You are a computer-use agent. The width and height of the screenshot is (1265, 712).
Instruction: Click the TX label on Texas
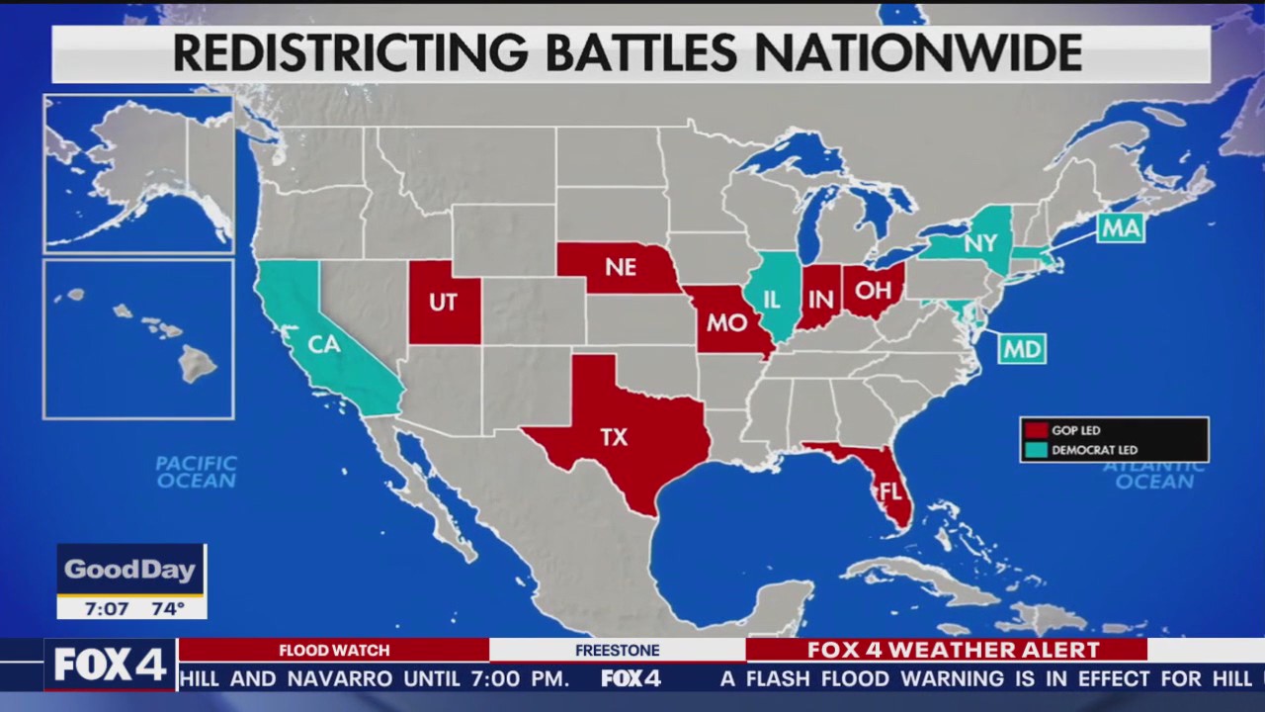coord(614,437)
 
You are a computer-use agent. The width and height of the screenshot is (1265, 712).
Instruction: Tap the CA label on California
coord(324,344)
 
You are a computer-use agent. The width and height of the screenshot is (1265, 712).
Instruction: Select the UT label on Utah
coord(443,303)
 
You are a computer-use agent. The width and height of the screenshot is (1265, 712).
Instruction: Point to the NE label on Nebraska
coord(621,268)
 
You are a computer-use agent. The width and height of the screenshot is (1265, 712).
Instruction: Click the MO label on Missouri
coord(726,322)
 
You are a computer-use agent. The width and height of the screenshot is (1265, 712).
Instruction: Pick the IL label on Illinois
coord(772,298)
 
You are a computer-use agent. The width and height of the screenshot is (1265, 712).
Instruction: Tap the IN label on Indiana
coord(820,299)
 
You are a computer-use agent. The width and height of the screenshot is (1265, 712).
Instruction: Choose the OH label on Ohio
coord(873,290)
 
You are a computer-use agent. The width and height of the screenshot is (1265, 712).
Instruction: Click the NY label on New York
coord(979,243)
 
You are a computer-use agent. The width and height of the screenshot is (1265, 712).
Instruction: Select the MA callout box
coord(1121,228)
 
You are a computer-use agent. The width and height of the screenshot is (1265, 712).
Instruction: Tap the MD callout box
coord(1021,349)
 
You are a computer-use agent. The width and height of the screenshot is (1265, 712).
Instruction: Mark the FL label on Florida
coord(889,490)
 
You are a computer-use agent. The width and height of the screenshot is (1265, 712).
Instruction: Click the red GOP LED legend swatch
coord(1036,430)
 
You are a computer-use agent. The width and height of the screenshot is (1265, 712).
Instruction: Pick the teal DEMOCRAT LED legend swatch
coord(1036,450)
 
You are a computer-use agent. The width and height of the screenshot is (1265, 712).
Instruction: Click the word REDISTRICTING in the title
coord(351,53)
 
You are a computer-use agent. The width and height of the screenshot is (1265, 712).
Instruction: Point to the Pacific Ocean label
coord(197,472)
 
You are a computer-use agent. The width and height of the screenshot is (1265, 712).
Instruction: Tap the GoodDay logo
coord(130,570)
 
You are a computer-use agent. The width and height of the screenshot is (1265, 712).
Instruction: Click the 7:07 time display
coord(107,608)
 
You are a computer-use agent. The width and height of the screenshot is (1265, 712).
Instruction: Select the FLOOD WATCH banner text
coord(334,650)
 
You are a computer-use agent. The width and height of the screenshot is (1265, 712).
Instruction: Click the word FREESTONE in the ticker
coord(617,650)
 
